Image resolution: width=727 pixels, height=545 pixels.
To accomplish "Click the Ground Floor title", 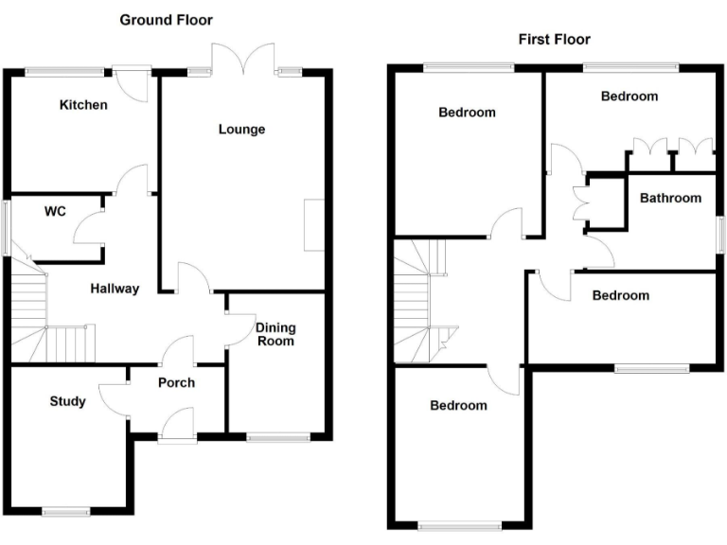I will point(166,20).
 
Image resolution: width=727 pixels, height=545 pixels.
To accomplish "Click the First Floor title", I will point(554,39).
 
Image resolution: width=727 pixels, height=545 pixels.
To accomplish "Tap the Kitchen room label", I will point(83,105).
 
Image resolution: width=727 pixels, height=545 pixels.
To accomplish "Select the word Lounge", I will point(241,130).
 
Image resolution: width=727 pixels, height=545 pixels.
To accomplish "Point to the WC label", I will point(55,212).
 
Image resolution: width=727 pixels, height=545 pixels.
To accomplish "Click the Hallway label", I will point(115,289).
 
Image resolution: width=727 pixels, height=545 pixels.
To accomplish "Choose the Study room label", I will point(67,401).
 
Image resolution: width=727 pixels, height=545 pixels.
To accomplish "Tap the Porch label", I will point(176,382).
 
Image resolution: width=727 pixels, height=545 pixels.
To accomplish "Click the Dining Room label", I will point(275,334).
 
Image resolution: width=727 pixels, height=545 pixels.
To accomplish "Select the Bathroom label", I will point(670,198).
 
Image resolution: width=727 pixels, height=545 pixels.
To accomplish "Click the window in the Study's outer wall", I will point(71,512).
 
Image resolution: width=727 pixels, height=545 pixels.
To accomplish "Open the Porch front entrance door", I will point(177,424).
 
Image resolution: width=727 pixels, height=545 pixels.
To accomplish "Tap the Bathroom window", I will point(718,231).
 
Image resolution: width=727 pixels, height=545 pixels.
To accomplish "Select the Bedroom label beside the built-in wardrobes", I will point(629,97).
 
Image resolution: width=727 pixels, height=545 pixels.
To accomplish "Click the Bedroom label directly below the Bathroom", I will point(621,295).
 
